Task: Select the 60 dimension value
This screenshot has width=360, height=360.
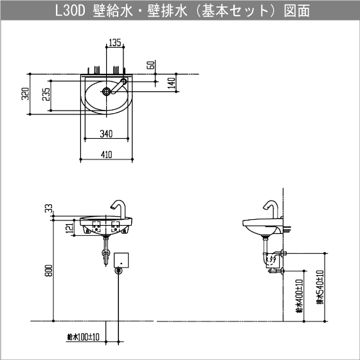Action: (149, 66)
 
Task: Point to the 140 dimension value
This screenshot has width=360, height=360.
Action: (172, 82)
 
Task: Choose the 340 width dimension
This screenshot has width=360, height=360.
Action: (106, 134)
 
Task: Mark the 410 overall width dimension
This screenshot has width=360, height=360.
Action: (106, 154)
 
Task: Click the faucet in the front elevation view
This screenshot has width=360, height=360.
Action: (118, 208)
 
